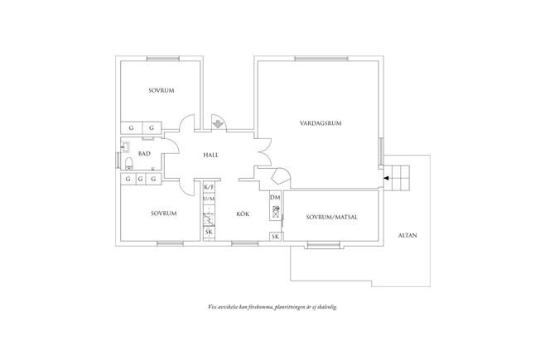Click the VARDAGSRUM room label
tap(321, 123)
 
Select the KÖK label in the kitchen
tap(243, 214)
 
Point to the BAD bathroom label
tap(144, 154)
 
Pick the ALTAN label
tap(407, 235)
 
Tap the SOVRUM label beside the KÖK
tap(163, 214)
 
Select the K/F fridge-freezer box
tap(209, 187)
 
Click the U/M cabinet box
tap(209, 199)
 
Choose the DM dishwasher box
tap(275, 197)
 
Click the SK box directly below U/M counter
tap(209, 233)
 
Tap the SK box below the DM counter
tap(275, 237)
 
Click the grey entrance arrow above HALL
tap(219, 123)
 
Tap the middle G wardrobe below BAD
tap(141, 179)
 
